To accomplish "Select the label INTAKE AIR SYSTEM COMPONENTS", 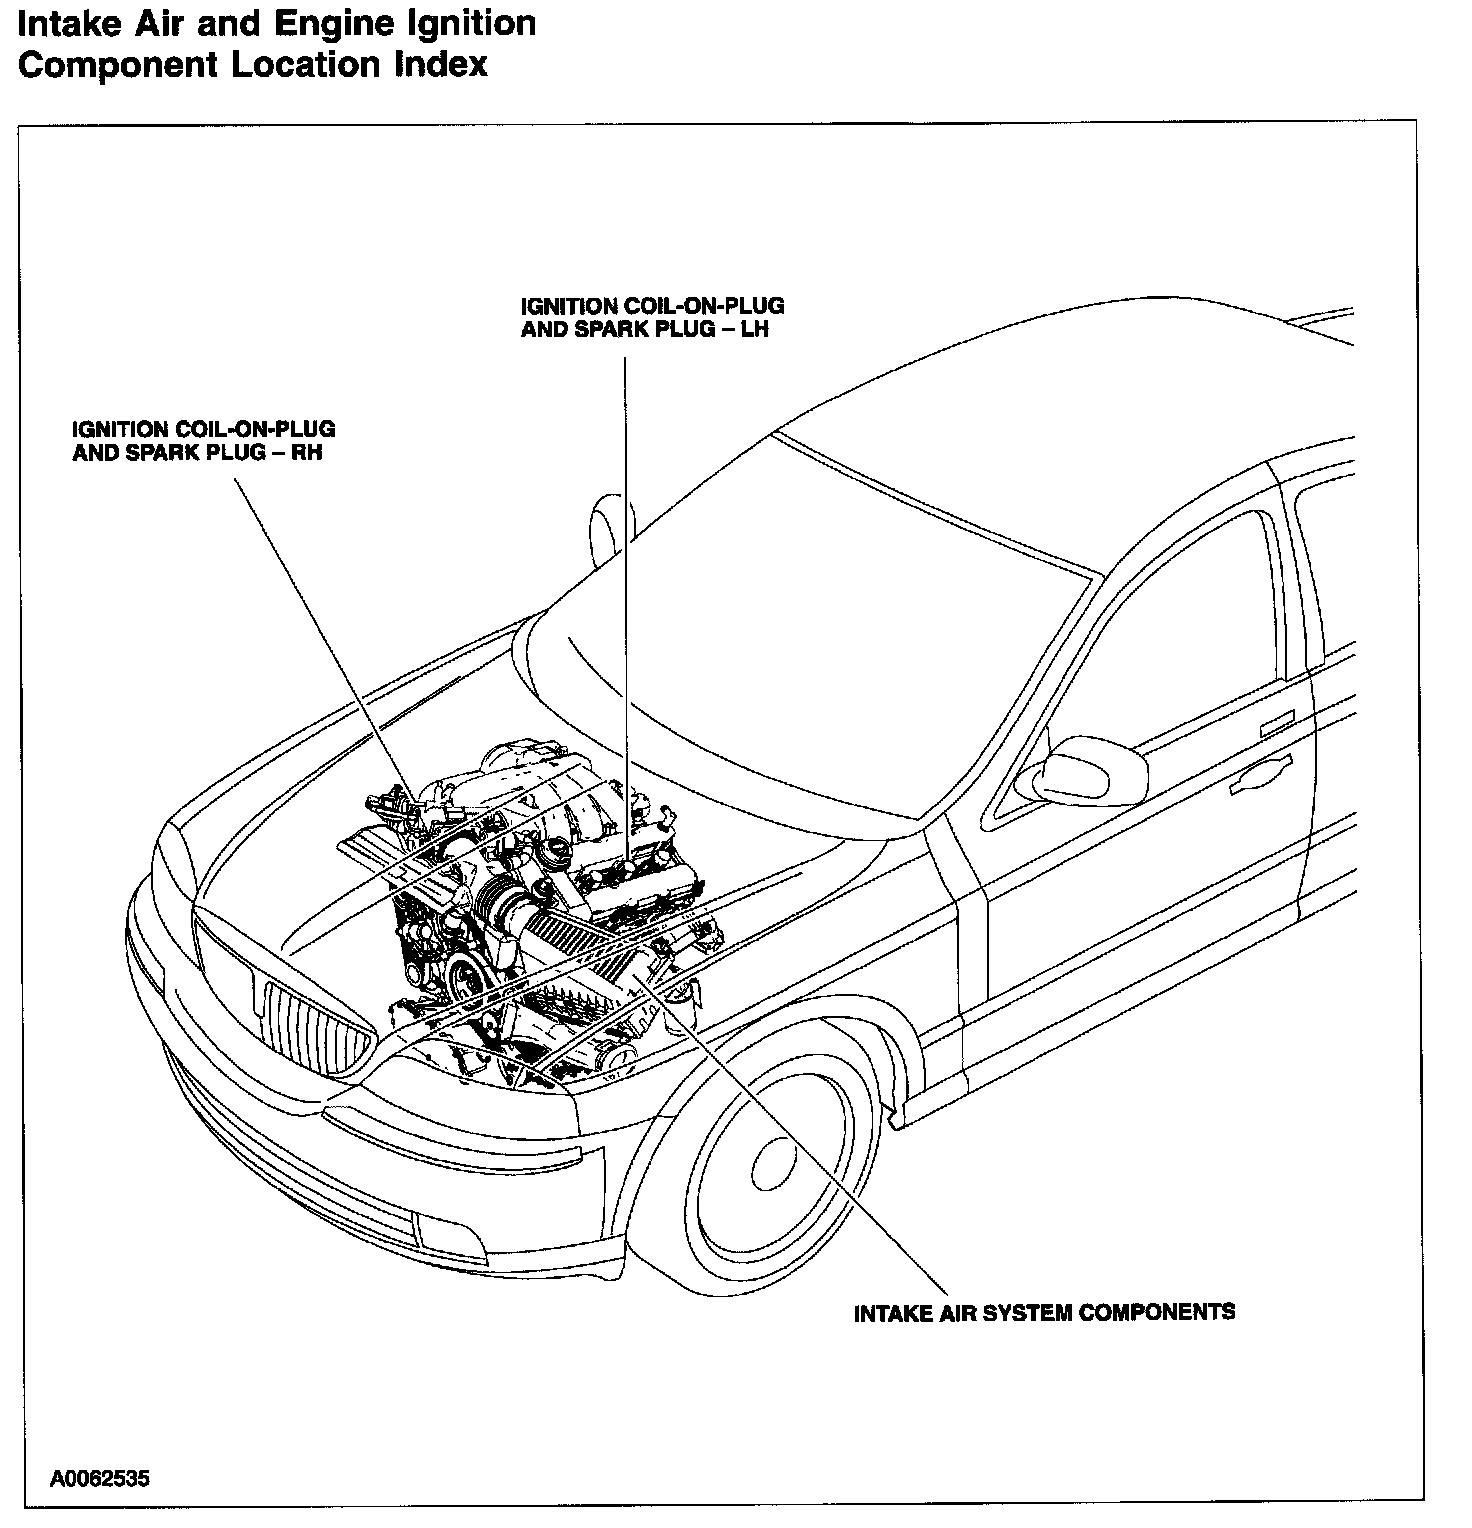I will coord(1044,1312).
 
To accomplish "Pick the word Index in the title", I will coord(440,65).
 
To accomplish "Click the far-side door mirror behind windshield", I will coord(611,525).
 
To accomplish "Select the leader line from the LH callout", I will coord(626,600).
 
